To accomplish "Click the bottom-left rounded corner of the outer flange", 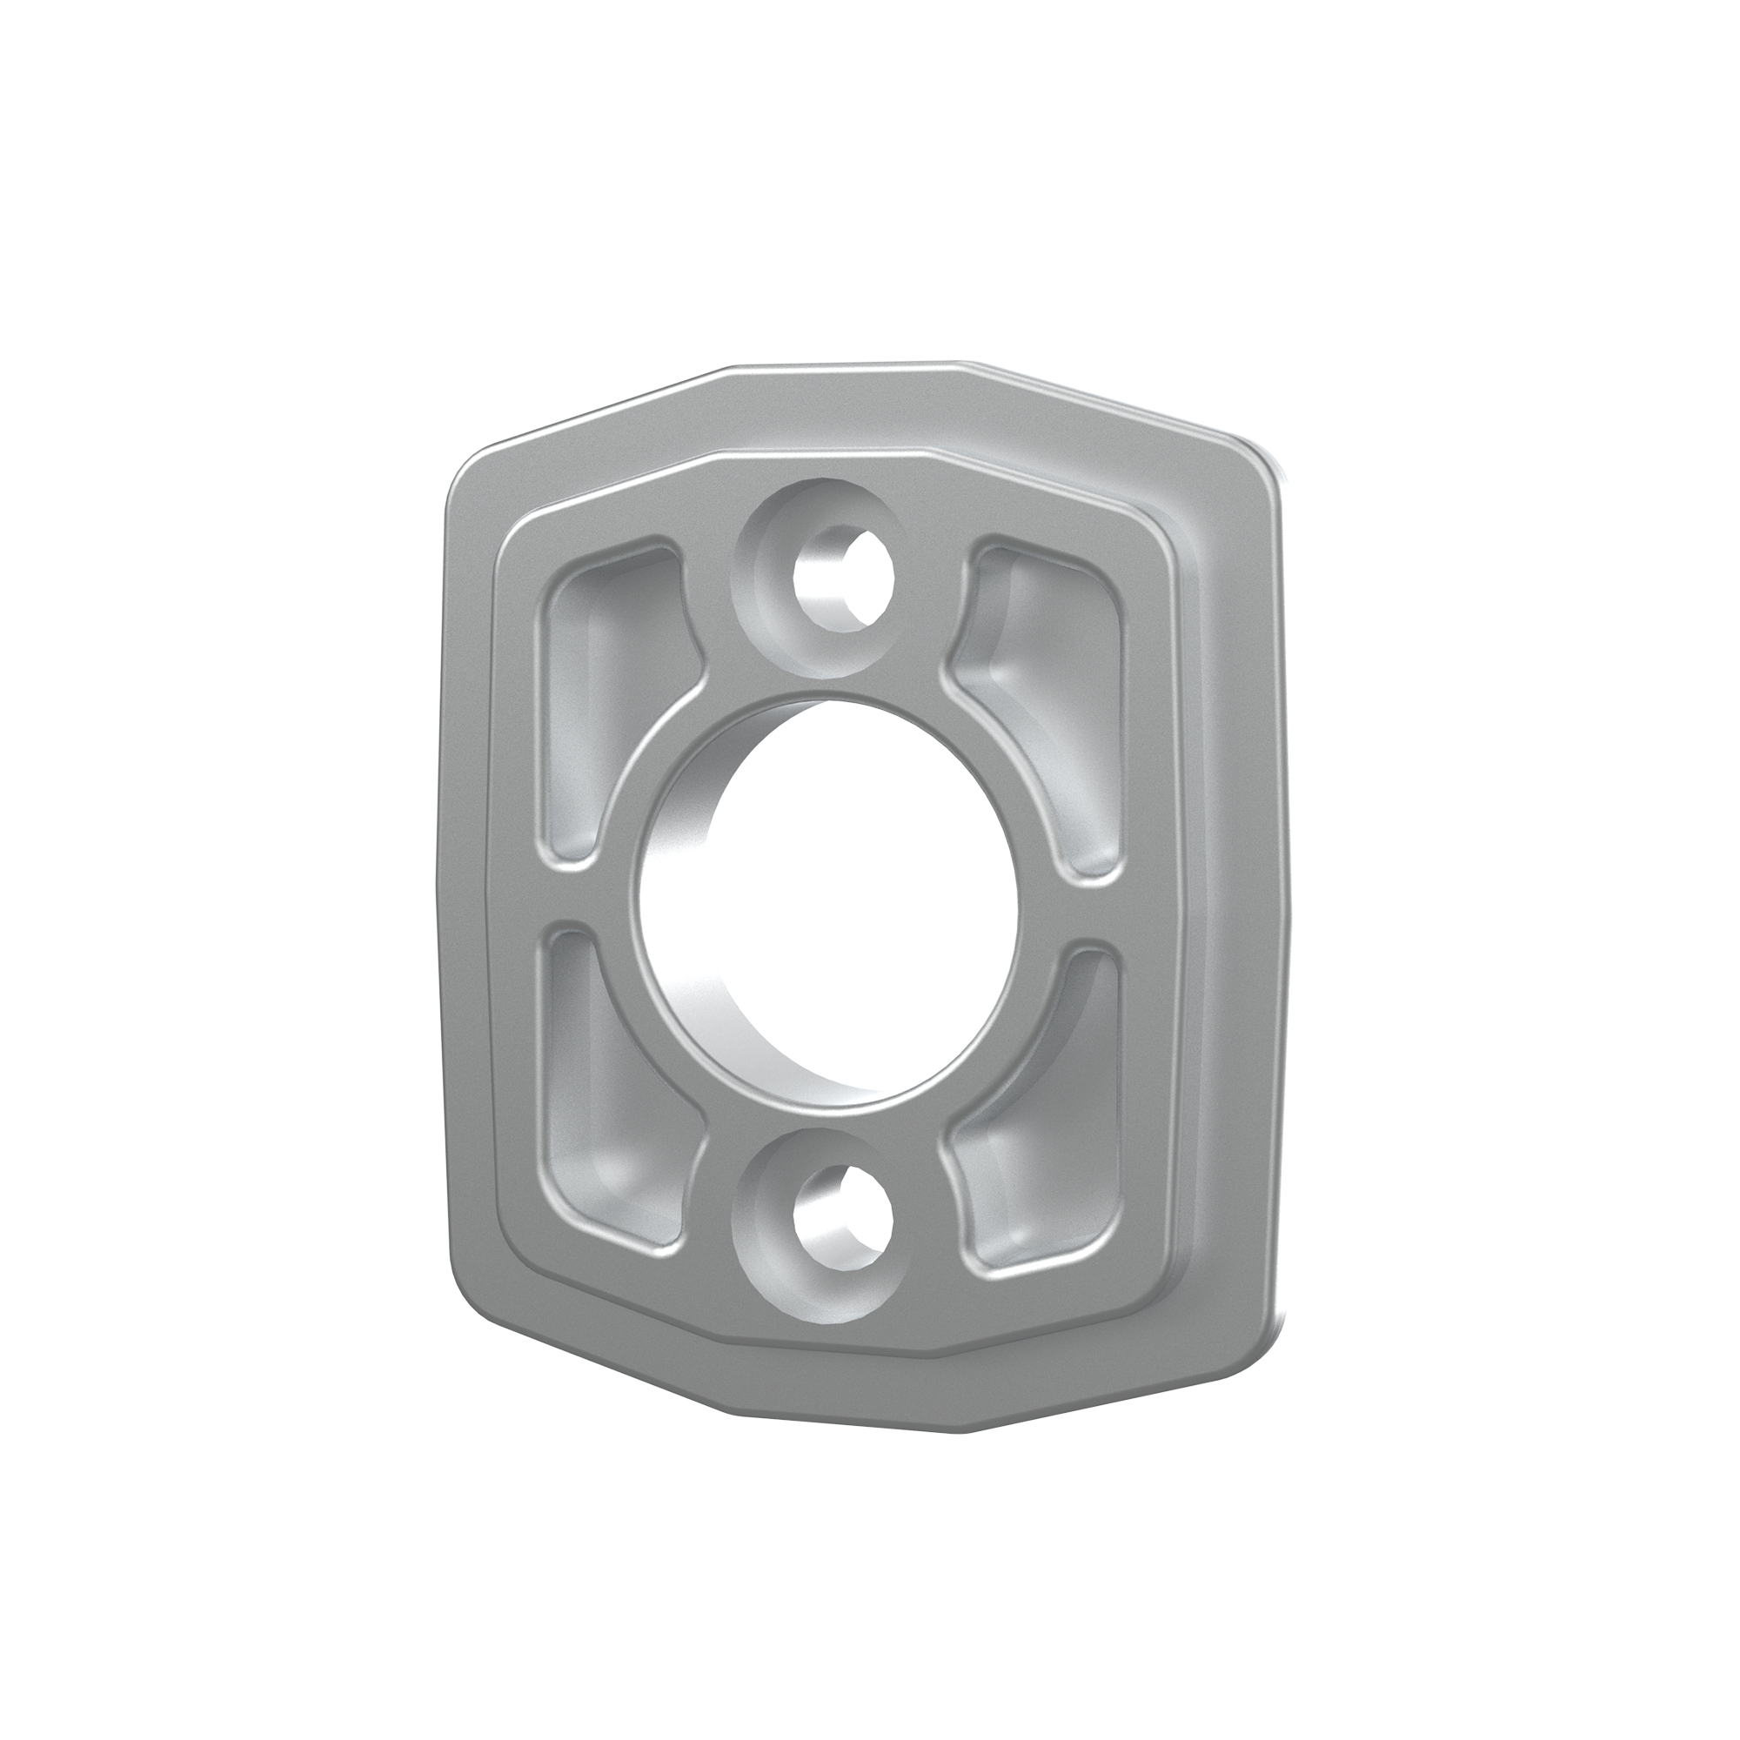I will point(472,1297).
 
